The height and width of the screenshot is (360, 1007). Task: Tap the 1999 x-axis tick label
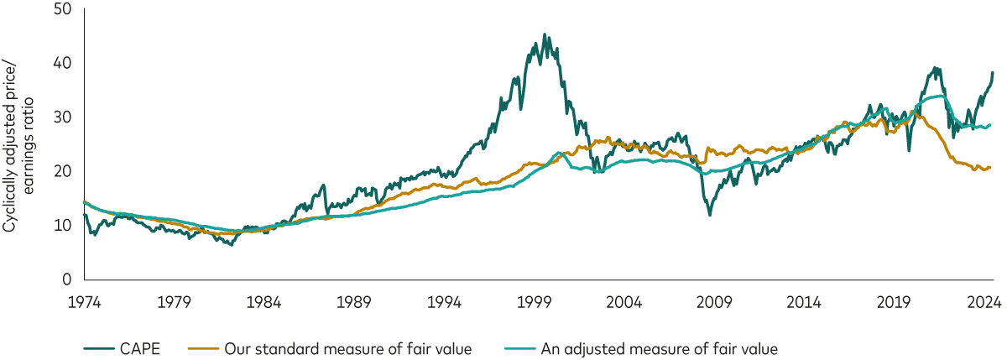coord(533,302)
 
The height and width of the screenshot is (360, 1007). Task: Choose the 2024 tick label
coord(980,302)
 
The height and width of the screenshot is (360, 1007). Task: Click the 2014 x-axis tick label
coord(802,302)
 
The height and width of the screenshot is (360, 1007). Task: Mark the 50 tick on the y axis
coord(62,9)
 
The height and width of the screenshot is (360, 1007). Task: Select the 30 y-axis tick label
coord(62,117)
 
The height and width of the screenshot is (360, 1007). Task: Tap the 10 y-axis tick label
coord(63,226)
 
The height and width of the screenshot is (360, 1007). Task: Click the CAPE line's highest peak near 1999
coord(545,35)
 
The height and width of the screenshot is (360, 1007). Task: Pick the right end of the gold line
coord(991,168)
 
